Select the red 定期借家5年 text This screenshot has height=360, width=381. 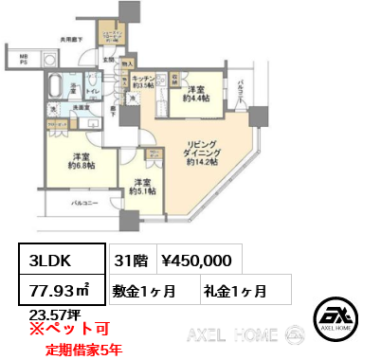83,349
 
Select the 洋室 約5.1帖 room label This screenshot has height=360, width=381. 142,187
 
